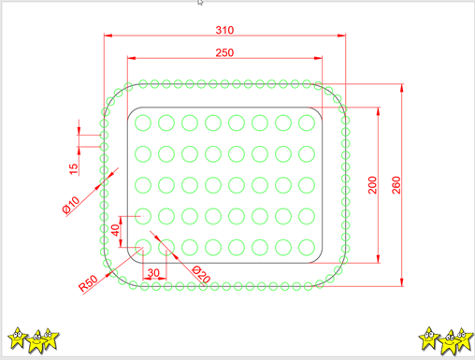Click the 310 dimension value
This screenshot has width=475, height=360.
[224, 30]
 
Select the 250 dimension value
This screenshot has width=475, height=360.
[224, 52]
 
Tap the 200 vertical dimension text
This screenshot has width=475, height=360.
[372, 185]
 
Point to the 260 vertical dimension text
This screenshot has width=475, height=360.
[396, 185]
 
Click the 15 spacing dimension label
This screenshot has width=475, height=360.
[73, 168]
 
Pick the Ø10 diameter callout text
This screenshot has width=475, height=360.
[71, 205]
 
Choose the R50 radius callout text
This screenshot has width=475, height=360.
[88, 283]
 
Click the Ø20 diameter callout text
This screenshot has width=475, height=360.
[201, 274]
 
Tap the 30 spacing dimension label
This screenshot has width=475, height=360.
[153, 273]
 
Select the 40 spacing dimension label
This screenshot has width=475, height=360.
[115, 230]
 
